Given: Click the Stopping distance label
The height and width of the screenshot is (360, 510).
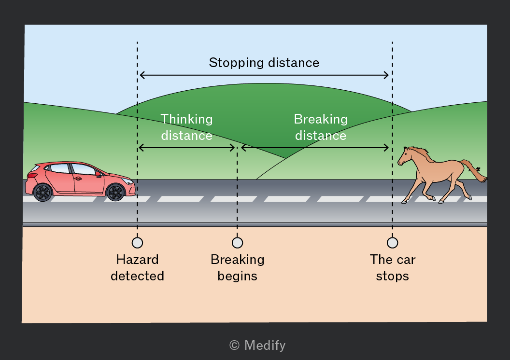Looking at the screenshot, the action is (x=264, y=63).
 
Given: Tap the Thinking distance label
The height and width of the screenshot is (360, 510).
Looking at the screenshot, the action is (x=187, y=127).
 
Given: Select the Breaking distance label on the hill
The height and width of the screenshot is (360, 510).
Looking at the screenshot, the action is (x=321, y=127).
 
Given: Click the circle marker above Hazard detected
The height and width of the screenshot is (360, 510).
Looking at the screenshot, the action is (x=137, y=243).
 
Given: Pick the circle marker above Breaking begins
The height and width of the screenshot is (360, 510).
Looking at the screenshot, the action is (x=238, y=243).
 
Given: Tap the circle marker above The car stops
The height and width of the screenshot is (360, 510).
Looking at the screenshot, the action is (x=393, y=243).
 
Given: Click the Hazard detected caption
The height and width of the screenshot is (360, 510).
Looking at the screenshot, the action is (x=137, y=268).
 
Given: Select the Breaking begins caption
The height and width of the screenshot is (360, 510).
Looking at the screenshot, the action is (x=238, y=268).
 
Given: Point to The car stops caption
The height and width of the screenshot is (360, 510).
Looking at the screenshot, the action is (x=393, y=268).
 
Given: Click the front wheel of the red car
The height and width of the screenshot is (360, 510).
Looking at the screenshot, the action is (x=115, y=192).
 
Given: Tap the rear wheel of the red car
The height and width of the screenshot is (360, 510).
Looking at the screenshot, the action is (x=42, y=193).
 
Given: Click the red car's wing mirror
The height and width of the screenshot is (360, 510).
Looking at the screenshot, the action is (x=98, y=174).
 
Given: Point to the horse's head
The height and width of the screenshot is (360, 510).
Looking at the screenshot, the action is (x=405, y=156).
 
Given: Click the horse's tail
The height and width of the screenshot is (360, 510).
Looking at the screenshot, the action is (x=474, y=170).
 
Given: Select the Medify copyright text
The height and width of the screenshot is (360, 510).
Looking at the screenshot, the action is (x=257, y=345).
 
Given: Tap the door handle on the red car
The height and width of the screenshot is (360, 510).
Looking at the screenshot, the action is (x=78, y=179).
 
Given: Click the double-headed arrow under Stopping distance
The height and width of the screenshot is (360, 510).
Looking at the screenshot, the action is (x=264, y=75).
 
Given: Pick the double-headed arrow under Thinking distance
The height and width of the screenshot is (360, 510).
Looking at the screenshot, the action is (x=187, y=148).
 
